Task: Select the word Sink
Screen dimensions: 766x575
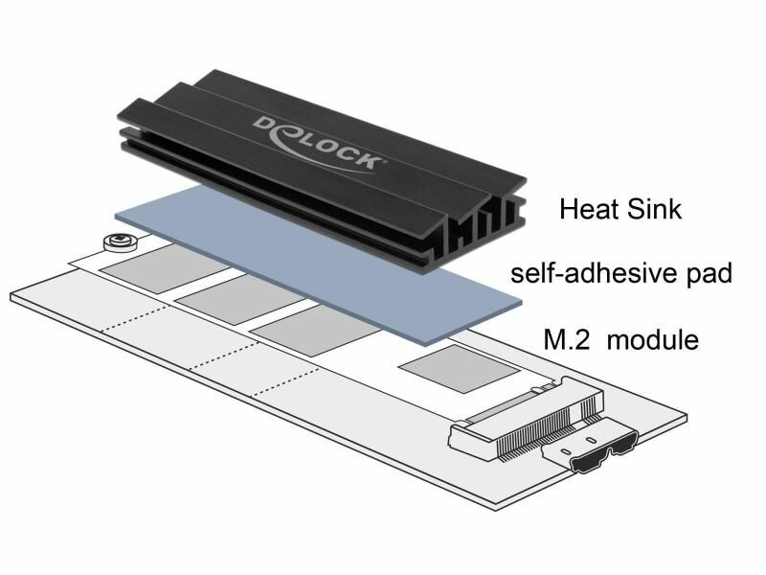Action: point(654,209)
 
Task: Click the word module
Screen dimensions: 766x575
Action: point(653,339)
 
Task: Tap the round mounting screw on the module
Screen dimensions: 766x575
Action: point(120,241)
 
